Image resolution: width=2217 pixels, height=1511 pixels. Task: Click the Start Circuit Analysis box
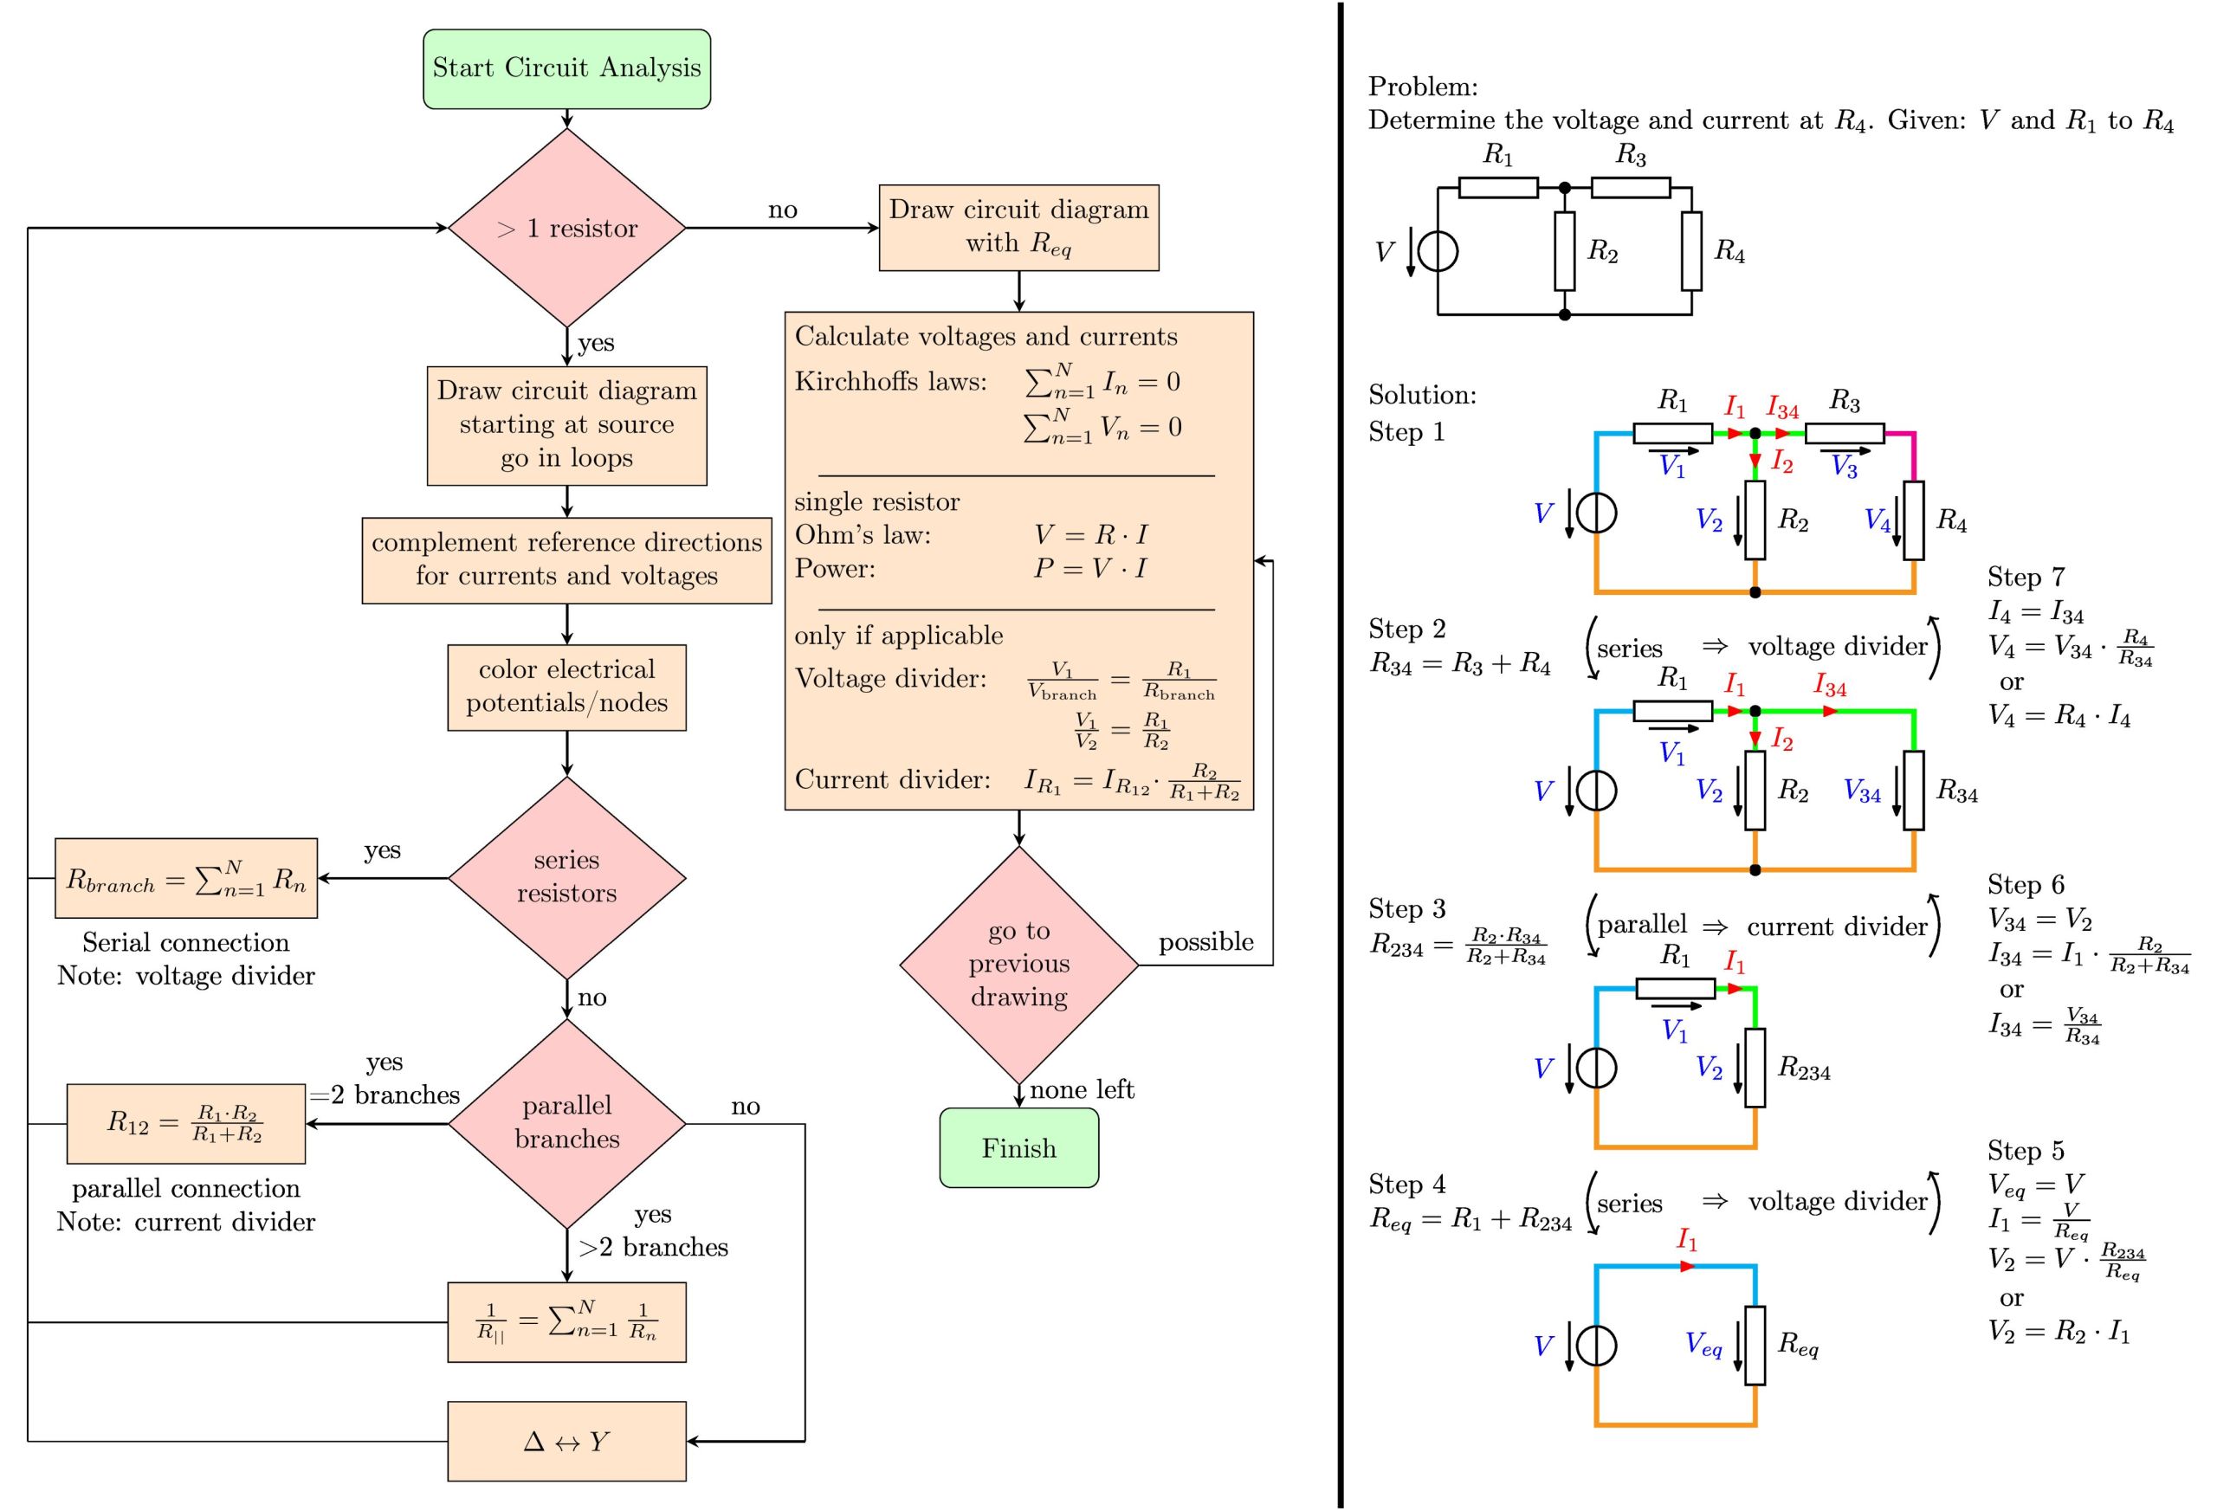566,68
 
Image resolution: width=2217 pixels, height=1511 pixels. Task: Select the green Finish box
1018,1147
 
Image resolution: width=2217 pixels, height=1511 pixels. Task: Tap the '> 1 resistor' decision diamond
566,228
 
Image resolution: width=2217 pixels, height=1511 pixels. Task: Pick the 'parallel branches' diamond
566,1123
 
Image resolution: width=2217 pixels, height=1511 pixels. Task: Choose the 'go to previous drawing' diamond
1018,964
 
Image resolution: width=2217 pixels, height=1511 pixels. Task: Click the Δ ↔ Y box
566,1440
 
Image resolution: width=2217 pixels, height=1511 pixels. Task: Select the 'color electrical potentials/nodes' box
566,687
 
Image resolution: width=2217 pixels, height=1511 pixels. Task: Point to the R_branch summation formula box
186,879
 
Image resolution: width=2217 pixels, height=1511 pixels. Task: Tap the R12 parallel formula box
186,1124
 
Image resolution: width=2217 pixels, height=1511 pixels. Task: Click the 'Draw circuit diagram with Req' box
1018,227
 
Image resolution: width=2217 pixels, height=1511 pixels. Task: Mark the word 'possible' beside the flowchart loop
1205,942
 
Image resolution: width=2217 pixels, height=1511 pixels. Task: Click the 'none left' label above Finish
1082,1089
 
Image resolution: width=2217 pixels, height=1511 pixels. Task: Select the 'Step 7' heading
2026,577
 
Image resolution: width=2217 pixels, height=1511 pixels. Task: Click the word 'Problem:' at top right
1422,87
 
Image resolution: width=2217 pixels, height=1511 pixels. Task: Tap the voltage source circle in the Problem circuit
1438,252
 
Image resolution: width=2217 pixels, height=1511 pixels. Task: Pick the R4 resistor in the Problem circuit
1691,251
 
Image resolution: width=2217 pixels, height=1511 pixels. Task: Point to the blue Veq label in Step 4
1703,1345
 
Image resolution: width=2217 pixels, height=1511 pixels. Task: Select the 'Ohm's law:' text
863,535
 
